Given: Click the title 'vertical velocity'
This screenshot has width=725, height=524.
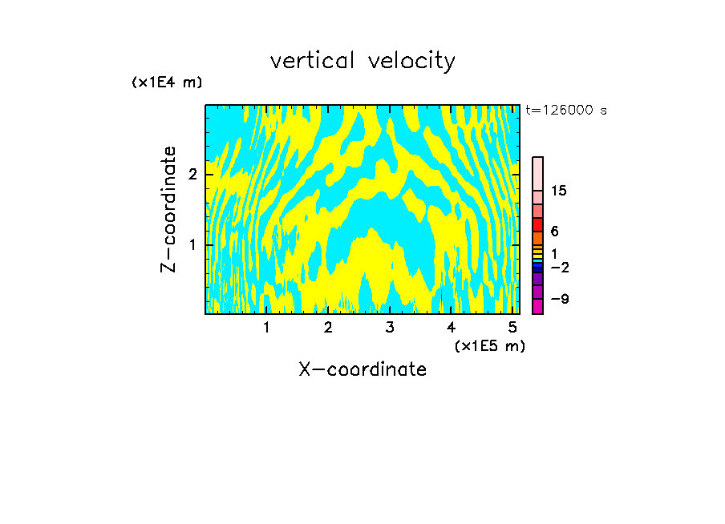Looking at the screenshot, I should [362, 61].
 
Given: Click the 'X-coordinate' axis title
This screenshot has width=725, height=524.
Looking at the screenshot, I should [362, 369].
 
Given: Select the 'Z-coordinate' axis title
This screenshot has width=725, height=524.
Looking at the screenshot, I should [168, 209].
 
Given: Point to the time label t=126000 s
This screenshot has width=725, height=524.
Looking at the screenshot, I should [566, 111].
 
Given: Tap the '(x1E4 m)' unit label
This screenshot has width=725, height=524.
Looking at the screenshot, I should [167, 83].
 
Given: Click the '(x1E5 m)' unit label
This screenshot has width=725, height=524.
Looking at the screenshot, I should [489, 345].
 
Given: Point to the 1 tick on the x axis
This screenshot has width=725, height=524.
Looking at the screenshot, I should [266, 327].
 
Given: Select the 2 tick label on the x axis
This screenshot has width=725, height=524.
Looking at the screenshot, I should [328, 327].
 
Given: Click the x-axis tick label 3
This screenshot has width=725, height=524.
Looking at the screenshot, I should [390, 327].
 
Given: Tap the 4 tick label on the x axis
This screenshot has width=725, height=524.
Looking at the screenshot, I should [452, 327].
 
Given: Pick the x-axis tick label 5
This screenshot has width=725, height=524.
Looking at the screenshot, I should [512, 327].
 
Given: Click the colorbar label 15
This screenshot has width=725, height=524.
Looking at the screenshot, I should [559, 191].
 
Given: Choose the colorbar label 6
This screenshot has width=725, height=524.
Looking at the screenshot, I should [554, 231].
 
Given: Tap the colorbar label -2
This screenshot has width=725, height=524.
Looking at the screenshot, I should [559, 267].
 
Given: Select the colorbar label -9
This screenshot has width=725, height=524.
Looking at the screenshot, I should [559, 299].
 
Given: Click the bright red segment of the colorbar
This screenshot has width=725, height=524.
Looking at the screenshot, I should [537, 224].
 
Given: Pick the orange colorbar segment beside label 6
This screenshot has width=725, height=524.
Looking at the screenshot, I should [537, 238].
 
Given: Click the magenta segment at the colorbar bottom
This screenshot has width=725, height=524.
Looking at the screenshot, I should [537, 306].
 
